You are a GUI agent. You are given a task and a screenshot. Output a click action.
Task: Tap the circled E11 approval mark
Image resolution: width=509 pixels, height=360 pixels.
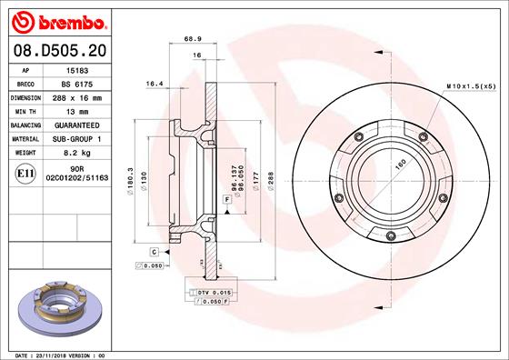point(26,174)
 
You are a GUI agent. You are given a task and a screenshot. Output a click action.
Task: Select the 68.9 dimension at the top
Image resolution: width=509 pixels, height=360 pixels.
point(193,38)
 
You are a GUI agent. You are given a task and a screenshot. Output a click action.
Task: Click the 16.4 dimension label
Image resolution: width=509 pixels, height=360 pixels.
point(154,84)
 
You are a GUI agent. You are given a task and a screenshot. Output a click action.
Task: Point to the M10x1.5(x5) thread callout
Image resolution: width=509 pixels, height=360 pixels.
point(471,85)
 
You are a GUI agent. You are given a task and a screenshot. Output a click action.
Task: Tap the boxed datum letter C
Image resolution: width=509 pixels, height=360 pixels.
point(155,251)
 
